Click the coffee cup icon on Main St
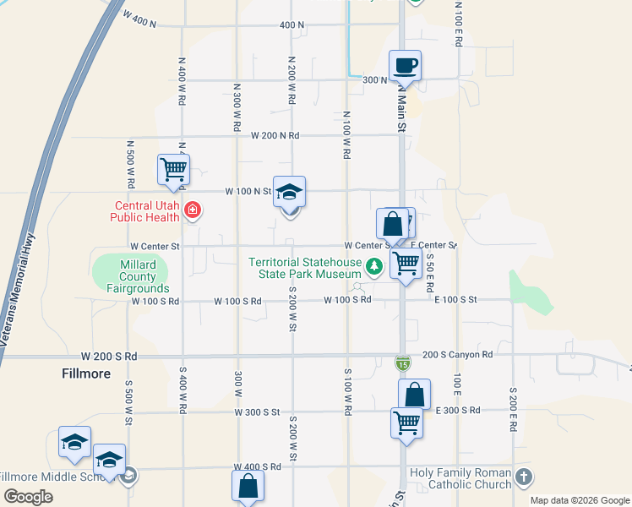click(405, 66)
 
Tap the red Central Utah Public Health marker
click(193, 210)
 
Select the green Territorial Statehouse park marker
click(373, 268)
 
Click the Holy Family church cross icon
click(523, 477)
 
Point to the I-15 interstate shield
click(403, 363)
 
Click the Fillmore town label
click(86, 373)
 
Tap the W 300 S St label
click(257, 412)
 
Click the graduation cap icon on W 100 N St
click(289, 193)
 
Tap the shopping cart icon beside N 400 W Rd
click(174, 168)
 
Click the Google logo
click(29, 497)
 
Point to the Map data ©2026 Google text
click(579, 500)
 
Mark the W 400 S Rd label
click(259, 466)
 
